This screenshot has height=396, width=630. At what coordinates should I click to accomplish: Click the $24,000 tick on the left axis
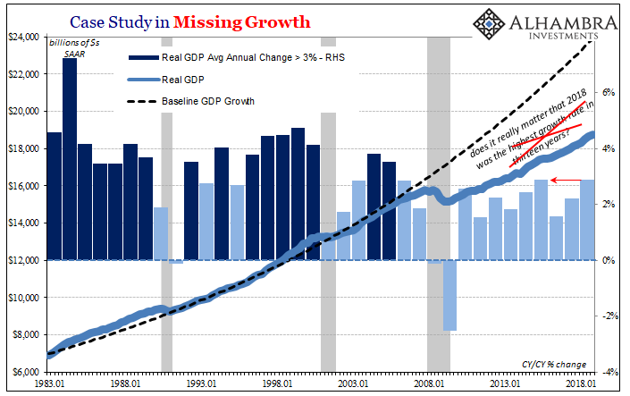(x=23, y=37)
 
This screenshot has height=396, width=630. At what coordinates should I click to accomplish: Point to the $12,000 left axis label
(x=23, y=260)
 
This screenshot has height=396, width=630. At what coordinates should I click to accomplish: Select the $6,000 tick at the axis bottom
(x=26, y=372)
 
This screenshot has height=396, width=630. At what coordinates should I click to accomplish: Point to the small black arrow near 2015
(x=563, y=181)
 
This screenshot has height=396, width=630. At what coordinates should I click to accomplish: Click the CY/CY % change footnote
(x=551, y=364)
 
